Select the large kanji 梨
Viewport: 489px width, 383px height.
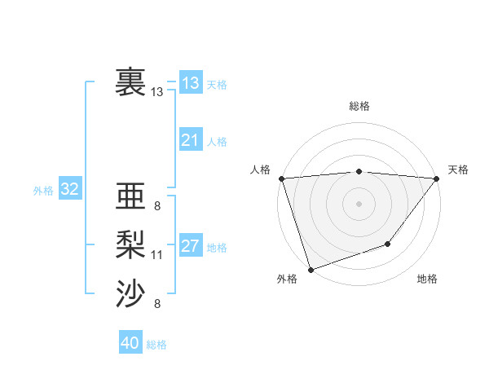(130, 244)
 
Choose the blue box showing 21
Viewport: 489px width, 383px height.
(190, 140)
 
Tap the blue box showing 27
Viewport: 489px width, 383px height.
(190, 246)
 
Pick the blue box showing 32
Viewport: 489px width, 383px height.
(69, 190)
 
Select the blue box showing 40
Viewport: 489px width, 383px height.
(130, 343)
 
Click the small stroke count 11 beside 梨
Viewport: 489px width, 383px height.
(156, 255)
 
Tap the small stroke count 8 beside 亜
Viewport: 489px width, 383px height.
(156, 206)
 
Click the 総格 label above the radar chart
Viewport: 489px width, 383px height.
(359, 106)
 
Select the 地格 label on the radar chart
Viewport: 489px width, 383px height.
(427, 279)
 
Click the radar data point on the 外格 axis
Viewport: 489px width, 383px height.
(311, 269)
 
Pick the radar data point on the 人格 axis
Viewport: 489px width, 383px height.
(281, 178)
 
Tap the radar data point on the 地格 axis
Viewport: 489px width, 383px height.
(389, 244)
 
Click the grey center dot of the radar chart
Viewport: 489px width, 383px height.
(359, 203)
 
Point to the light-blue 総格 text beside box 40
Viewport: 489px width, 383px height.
(156, 345)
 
